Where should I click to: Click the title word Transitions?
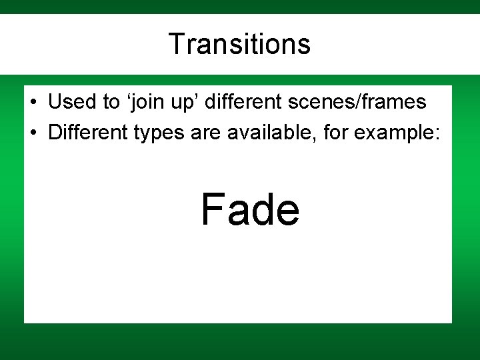[239, 45]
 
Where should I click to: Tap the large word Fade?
[250, 209]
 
